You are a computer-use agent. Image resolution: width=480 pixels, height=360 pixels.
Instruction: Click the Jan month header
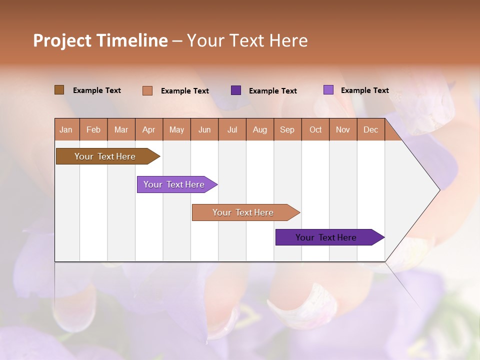66,129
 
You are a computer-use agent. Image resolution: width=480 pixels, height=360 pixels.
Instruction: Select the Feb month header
93,129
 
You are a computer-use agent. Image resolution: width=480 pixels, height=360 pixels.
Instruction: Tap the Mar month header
121,129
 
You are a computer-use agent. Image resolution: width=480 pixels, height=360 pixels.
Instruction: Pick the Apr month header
149,129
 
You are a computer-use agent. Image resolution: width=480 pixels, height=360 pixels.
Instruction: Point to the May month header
176,129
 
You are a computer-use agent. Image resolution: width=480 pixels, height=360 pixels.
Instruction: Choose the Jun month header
204,129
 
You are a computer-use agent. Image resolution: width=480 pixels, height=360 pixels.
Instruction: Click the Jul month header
232,129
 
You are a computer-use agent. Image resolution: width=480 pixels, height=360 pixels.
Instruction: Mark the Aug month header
260,129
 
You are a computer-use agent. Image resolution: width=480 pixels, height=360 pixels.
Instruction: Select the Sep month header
287,129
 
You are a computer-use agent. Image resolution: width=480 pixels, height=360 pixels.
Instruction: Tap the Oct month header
315,129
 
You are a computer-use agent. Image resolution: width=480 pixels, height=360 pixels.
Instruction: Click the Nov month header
343,129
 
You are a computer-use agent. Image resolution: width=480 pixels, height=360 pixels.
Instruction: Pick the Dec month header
371,129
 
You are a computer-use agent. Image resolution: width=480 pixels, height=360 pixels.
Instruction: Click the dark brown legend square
59,90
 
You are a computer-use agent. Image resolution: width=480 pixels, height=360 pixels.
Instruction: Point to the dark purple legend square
236,90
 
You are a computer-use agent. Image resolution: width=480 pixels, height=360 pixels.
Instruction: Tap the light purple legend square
328,90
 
